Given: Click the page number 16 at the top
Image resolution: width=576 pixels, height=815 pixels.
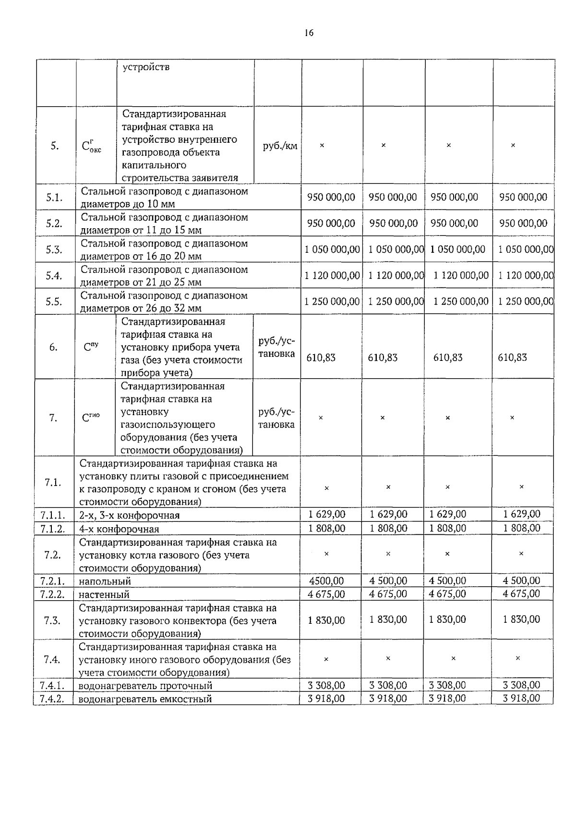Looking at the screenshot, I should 309,33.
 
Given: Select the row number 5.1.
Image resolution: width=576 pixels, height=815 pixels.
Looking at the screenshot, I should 54,198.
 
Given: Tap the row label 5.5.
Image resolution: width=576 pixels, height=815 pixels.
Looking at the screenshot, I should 54,302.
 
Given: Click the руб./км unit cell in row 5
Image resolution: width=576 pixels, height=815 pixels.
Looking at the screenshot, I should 280,146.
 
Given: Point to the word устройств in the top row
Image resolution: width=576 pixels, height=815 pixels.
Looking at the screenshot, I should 146,67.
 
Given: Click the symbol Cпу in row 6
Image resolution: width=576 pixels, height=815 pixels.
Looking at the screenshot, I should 91,346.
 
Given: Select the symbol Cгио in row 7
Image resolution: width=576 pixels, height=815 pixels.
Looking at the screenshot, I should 91,418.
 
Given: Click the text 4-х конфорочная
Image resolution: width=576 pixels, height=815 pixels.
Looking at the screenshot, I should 119,529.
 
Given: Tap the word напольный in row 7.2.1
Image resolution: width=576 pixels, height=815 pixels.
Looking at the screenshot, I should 105,581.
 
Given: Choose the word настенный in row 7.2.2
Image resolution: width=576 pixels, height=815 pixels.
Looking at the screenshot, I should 104,595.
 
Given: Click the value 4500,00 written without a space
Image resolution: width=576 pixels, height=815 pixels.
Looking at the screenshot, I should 326,581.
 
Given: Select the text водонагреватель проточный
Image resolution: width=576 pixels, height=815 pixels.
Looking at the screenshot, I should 145,686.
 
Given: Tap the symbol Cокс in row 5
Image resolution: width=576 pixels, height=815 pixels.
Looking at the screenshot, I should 92,146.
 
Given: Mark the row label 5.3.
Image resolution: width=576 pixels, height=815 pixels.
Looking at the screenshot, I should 54,249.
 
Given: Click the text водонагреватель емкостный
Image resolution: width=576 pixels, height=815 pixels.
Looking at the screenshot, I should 145,699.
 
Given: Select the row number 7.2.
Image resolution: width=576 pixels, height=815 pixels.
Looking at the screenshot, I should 52,555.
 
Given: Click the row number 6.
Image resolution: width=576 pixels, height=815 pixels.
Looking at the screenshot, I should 53,347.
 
